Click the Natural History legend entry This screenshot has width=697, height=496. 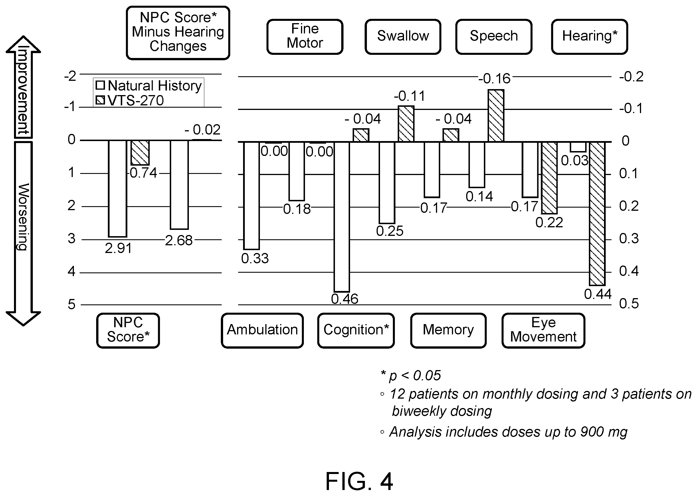point(149,86)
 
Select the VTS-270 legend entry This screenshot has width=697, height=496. point(130,100)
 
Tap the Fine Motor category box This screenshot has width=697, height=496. point(305,37)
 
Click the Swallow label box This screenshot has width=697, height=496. point(403,37)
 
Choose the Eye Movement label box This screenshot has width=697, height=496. point(543,330)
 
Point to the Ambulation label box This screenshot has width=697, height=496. point(262,330)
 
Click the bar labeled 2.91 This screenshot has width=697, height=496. point(118,188)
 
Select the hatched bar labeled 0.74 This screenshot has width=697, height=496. point(140,153)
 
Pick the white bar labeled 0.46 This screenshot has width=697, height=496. point(342,217)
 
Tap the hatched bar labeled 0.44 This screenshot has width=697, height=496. point(597,214)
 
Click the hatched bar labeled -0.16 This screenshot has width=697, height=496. point(496,115)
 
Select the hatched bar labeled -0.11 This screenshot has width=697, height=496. point(406,124)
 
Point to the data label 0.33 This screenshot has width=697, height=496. point(255,259)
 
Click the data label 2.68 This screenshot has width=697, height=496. point(179,241)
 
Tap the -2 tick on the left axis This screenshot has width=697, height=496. point(70,76)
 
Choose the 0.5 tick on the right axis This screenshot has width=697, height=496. point(629,304)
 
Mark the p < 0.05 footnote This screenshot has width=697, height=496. point(411,376)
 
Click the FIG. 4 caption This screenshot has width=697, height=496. point(359,481)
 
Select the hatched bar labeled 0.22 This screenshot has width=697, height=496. point(549,178)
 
